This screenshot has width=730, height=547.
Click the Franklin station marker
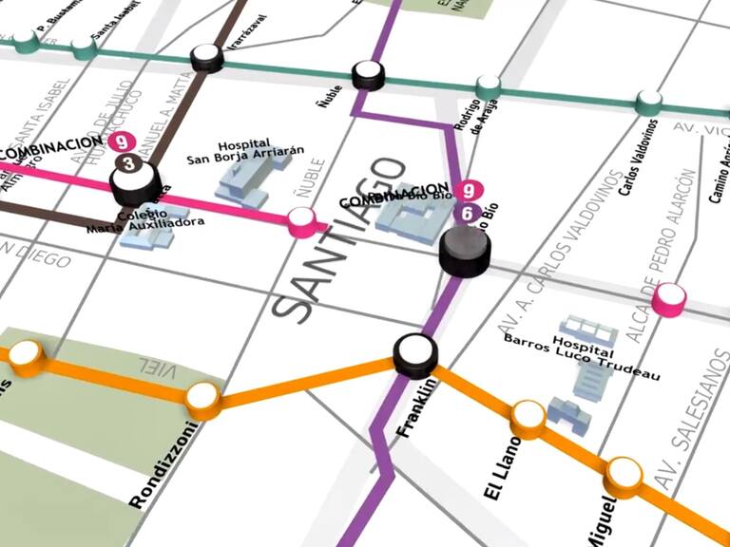pyautogui.click(x=415, y=354)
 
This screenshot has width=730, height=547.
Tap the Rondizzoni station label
pyautogui.click(x=165, y=466)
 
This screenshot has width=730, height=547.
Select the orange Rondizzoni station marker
pyautogui.click(x=203, y=399)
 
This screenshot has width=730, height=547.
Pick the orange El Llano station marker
pyautogui.click(x=528, y=416)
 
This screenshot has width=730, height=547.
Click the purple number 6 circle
pyautogui.click(x=466, y=214)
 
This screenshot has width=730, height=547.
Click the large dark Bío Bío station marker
pyautogui.click(x=465, y=252)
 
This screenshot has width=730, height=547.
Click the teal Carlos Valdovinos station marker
pyautogui.click(x=649, y=101)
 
